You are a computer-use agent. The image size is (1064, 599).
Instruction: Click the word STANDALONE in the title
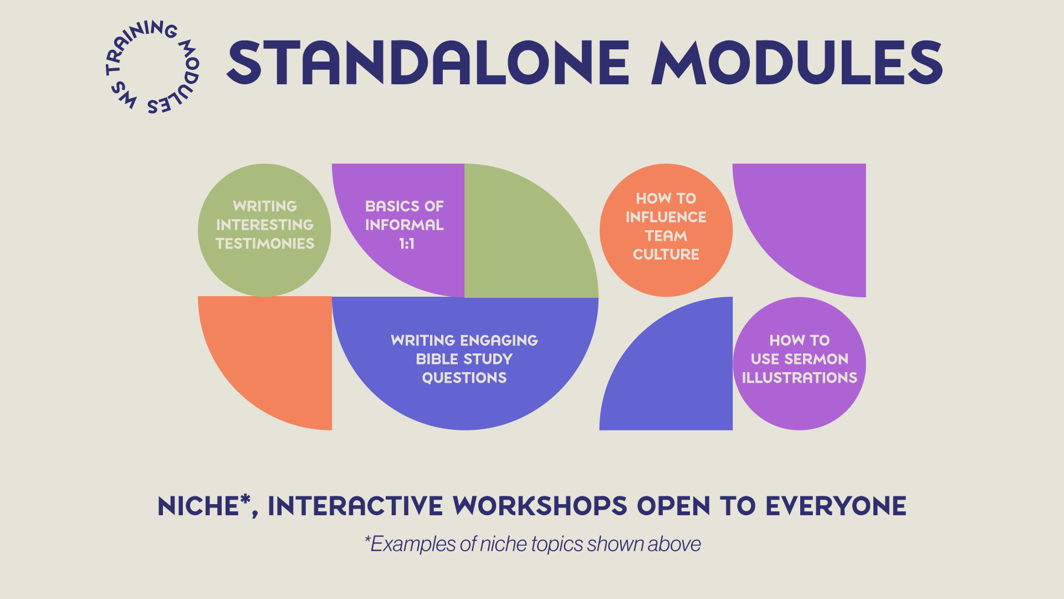tap(428, 63)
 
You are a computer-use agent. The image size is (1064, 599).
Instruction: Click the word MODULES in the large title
tap(797, 63)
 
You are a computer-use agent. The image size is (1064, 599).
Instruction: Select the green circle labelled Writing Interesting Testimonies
tap(264, 230)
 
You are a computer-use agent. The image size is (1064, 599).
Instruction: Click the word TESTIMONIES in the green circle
tap(265, 243)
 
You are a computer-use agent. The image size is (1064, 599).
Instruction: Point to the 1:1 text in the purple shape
tap(406, 243)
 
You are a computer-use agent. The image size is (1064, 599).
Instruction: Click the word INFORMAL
tap(404, 225)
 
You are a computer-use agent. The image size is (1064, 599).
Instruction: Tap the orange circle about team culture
tap(666, 230)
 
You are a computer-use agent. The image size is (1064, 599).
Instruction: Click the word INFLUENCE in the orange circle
tap(666, 217)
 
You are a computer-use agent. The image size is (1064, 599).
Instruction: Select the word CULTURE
tap(666, 254)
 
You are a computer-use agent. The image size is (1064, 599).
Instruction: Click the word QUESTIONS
tap(464, 378)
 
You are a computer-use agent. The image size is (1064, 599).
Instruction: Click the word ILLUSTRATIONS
tap(799, 378)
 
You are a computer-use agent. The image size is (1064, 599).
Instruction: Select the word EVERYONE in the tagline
tap(836, 506)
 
